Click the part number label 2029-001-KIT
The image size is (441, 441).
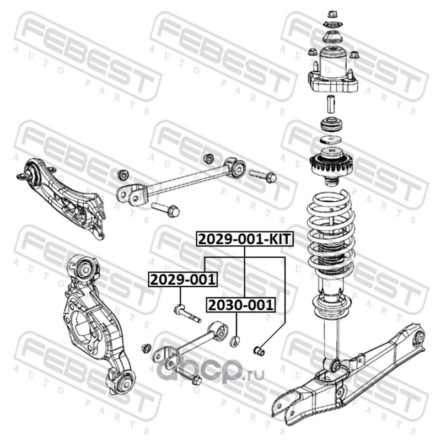tap(245, 239)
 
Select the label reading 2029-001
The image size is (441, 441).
tap(183, 279)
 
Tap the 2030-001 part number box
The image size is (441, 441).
tap(241, 305)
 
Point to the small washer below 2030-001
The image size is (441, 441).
tap(235, 341)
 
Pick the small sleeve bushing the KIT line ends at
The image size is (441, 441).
tap(259, 351)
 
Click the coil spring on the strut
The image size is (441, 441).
tap(330, 233)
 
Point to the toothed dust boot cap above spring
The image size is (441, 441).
tap(331, 164)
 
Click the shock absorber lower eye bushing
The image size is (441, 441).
tap(335, 365)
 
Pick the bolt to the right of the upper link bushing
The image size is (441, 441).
tap(263, 175)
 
